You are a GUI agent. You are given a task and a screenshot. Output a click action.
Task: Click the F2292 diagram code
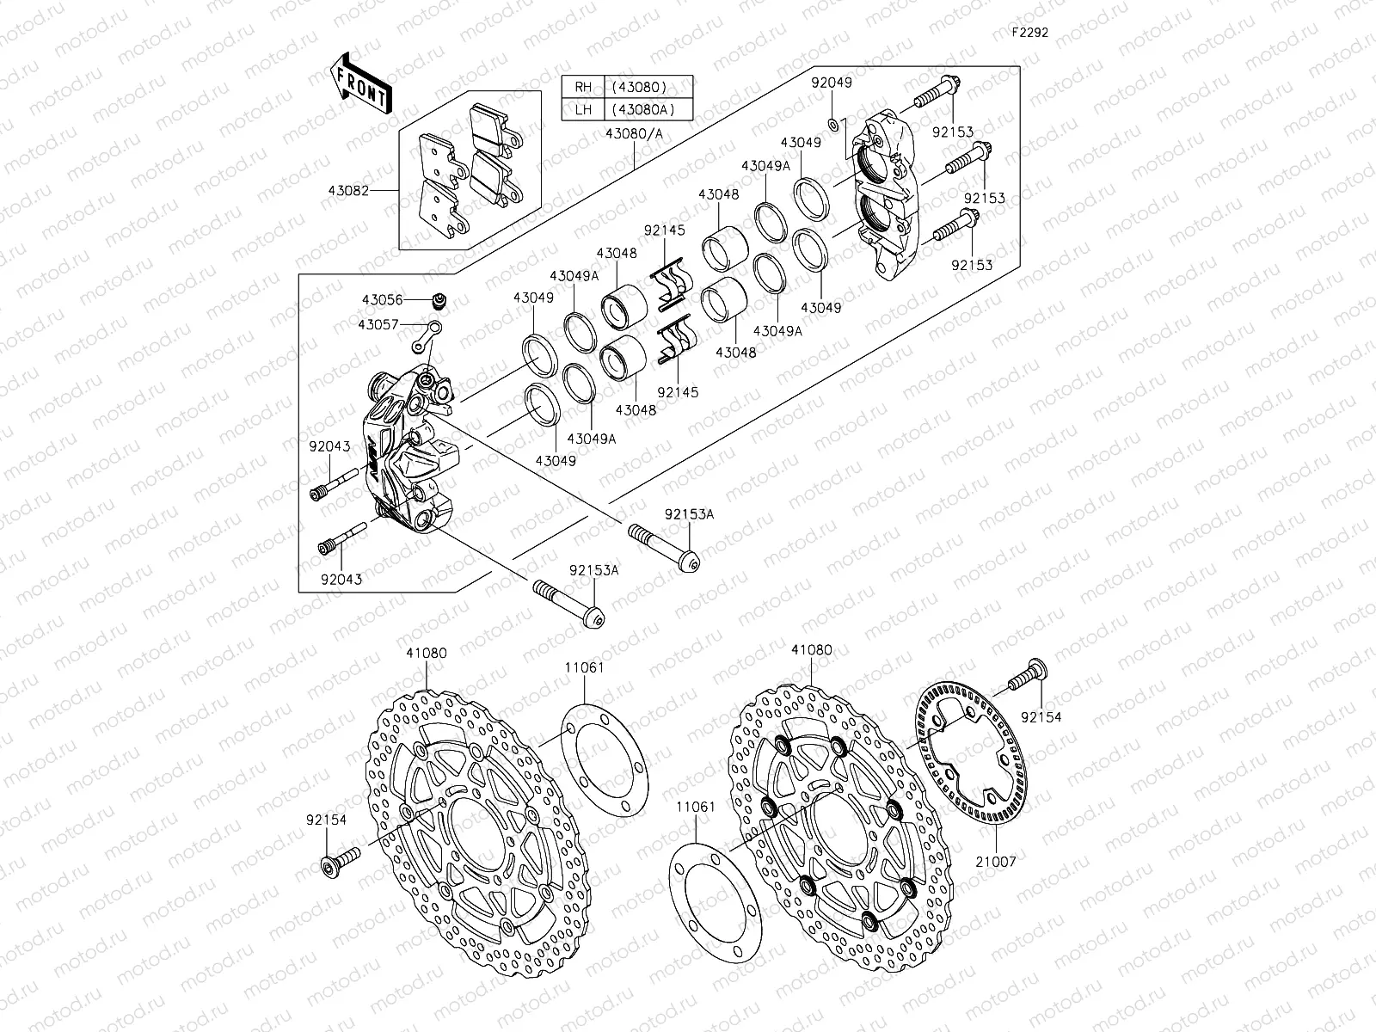click(x=1029, y=33)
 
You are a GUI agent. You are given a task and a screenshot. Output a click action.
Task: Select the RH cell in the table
click(x=583, y=87)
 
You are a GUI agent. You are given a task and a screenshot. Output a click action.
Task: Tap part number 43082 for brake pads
click(x=372, y=191)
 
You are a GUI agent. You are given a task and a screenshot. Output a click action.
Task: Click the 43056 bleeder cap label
click(x=382, y=300)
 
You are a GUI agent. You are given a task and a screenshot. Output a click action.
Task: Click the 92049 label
click(x=832, y=83)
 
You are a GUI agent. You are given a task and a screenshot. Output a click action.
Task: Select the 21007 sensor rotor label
click(x=996, y=861)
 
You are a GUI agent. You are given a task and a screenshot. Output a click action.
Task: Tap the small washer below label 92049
click(x=832, y=125)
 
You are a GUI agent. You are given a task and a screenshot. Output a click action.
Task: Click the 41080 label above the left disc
click(x=427, y=653)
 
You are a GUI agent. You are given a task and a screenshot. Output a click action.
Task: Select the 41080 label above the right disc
click(x=812, y=650)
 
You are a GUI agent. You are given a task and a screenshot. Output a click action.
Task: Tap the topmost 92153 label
click(x=952, y=132)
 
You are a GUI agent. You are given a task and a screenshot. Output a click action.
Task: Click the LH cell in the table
click(x=583, y=109)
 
